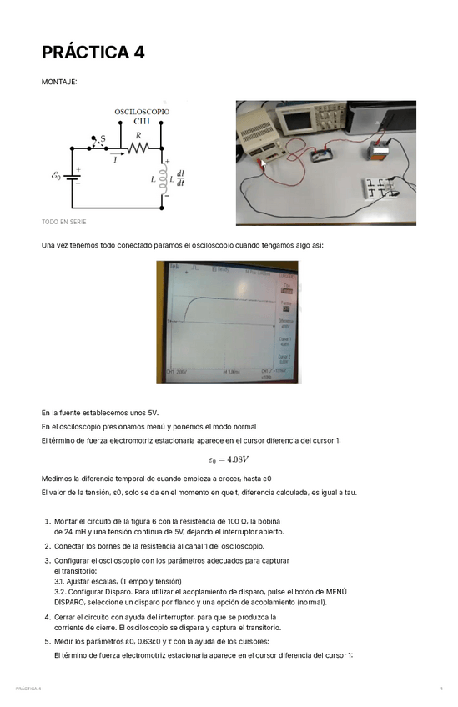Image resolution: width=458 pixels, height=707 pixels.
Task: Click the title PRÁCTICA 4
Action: pos(93,53)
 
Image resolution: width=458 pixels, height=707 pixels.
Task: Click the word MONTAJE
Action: pos(59,82)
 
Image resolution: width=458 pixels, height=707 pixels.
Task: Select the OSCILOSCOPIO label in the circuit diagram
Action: pos(142,111)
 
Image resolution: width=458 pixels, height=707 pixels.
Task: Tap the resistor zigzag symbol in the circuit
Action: pos(137,148)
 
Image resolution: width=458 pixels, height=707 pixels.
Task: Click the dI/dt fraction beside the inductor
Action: pos(180,178)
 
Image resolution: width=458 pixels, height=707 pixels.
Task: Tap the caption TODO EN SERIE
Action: pos(63,222)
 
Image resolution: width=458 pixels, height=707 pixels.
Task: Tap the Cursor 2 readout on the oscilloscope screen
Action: pos(285,359)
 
